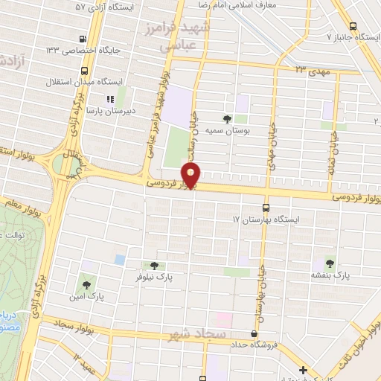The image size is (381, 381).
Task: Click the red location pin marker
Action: (191, 177)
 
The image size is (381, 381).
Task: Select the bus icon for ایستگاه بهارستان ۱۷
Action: (266, 208)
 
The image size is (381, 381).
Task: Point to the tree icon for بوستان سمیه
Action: (227, 118)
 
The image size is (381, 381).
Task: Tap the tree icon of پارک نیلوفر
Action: (154, 265)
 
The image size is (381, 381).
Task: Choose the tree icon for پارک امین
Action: (87, 284)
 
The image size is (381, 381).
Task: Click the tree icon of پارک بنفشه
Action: (330, 263)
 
